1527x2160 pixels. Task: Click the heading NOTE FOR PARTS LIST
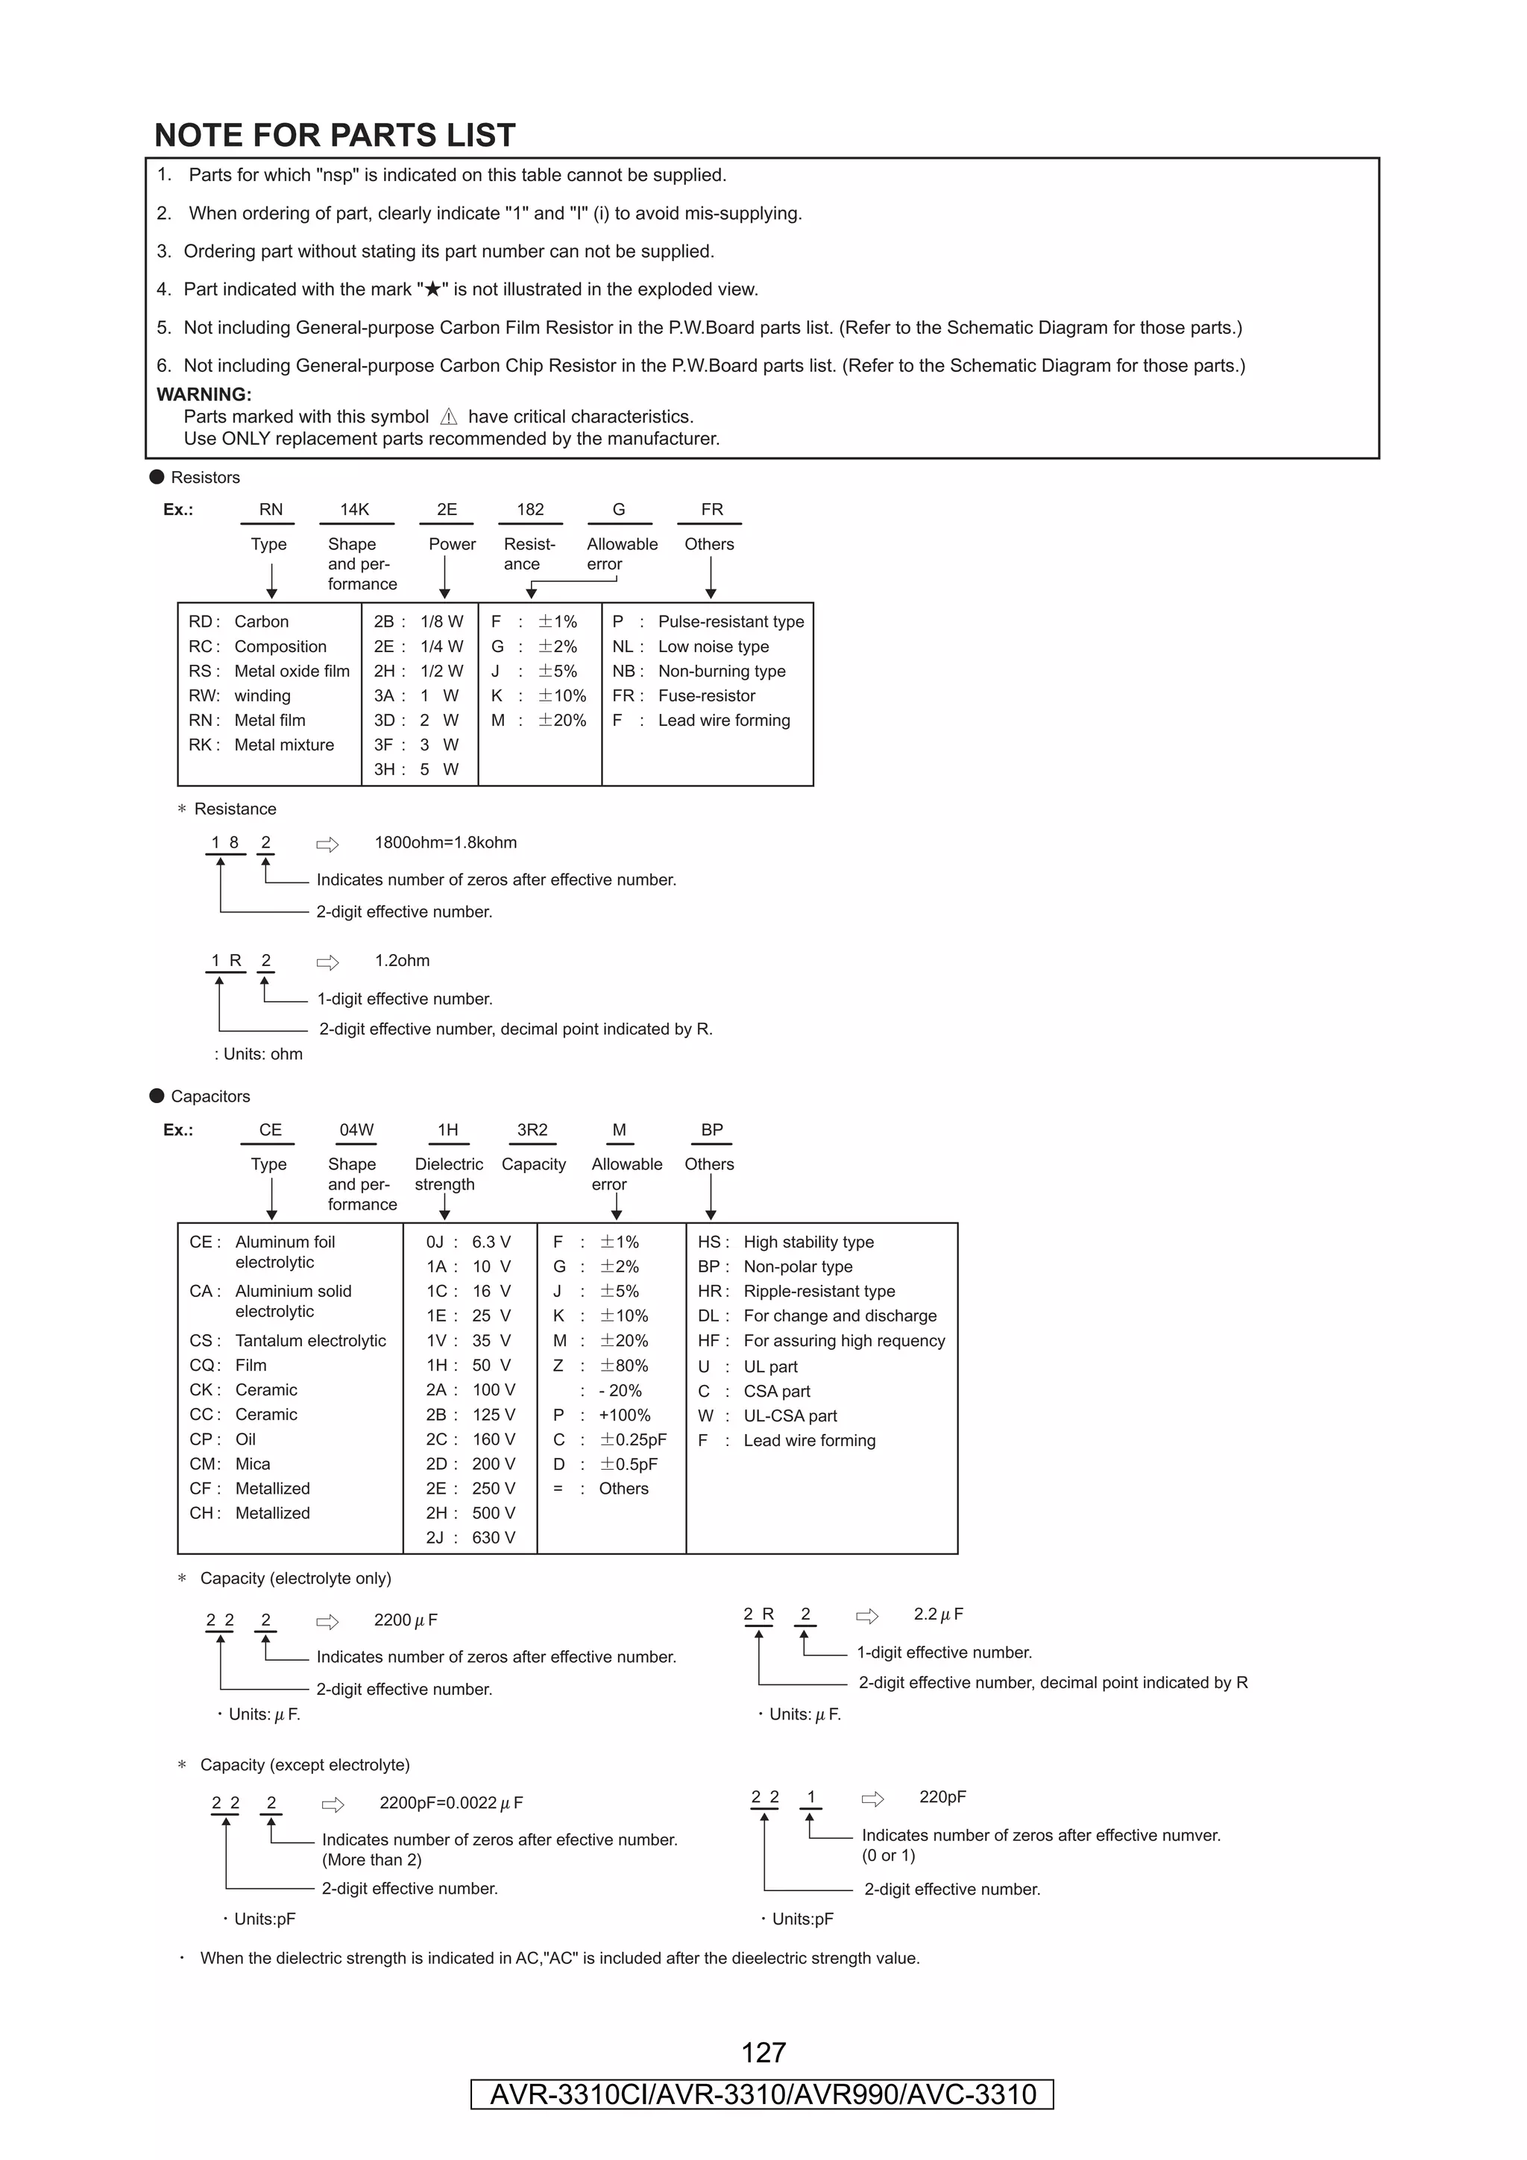[334, 136]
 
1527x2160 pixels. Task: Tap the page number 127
[763, 2052]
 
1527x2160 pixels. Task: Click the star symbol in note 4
[432, 290]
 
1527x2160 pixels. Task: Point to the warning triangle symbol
[449, 417]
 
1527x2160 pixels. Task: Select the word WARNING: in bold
[204, 394]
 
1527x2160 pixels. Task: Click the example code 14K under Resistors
[355, 509]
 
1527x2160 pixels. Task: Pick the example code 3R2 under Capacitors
[532, 1129]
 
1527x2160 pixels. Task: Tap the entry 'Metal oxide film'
[292, 671]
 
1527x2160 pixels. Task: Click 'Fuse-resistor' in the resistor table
[707, 695]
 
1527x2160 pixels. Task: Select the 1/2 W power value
[441, 671]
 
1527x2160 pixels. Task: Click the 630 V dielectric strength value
[493, 1537]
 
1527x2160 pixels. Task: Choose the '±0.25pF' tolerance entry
[633, 1439]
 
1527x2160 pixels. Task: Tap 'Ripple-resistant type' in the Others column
[819, 1291]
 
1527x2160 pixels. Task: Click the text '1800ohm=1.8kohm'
[445, 842]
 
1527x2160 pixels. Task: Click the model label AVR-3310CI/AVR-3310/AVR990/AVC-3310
[762, 2094]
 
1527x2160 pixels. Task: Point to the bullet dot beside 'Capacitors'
[157, 1095]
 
